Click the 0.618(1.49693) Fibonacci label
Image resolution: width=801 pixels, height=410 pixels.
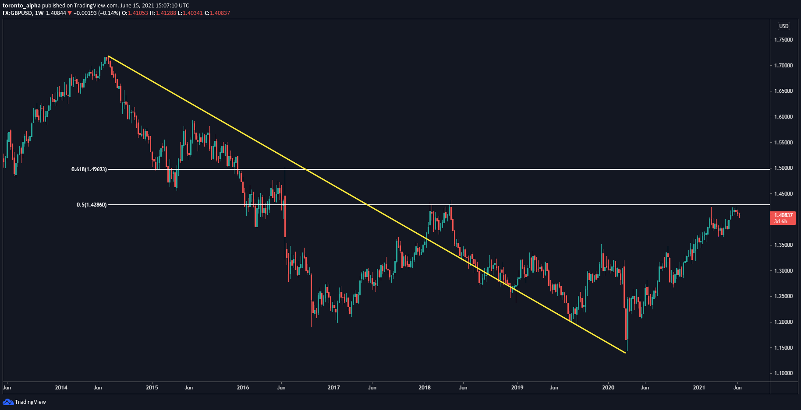pyautogui.click(x=89, y=169)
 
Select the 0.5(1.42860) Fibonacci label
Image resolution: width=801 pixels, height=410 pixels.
pyautogui.click(x=92, y=205)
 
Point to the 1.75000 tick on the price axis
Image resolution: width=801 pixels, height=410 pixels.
pyautogui.click(x=783, y=40)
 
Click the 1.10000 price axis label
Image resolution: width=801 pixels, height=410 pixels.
pyautogui.click(x=783, y=373)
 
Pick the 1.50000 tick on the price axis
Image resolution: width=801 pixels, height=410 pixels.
pyautogui.click(x=783, y=168)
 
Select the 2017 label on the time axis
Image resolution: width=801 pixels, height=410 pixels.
pyautogui.click(x=334, y=388)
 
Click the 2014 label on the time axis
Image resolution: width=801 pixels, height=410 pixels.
pyautogui.click(x=61, y=388)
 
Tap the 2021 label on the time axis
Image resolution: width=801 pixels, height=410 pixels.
pyautogui.click(x=699, y=388)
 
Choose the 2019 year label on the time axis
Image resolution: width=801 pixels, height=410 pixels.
pyautogui.click(x=517, y=388)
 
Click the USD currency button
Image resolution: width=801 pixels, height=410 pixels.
pyautogui.click(x=784, y=26)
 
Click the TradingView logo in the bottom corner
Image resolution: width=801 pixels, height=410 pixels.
pyautogui.click(x=25, y=402)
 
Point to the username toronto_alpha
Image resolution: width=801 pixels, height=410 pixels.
pyautogui.click(x=21, y=6)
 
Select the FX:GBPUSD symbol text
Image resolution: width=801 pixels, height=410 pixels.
pyautogui.click(x=17, y=13)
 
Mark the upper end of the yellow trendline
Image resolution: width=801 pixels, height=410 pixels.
pyautogui.click(x=108, y=56)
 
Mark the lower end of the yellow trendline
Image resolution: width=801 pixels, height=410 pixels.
pyautogui.click(x=625, y=353)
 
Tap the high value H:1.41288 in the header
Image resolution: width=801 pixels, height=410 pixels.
pyautogui.click(x=163, y=13)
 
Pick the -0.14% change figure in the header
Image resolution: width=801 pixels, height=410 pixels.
pyautogui.click(x=109, y=13)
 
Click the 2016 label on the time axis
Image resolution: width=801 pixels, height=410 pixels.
pyautogui.click(x=243, y=388)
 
